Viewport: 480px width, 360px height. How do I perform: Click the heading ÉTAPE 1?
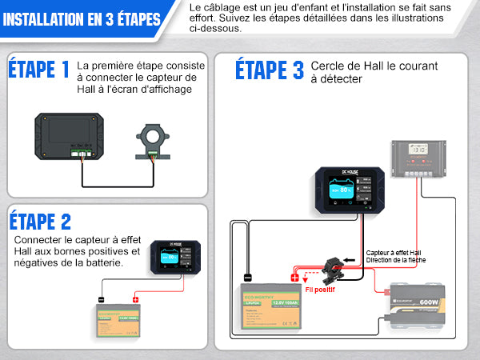click(39, 70)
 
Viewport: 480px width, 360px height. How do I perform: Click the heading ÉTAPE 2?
click(40, 221)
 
